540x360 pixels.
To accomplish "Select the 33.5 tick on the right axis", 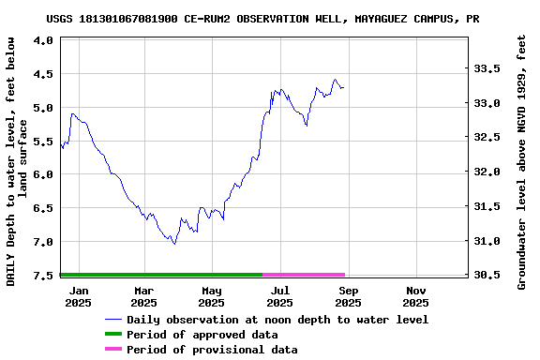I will point(485,69).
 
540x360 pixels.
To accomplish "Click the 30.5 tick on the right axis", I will point(485,276).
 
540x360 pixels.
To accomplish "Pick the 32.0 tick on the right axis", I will point(485,172).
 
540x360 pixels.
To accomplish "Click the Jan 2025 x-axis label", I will point(78,296).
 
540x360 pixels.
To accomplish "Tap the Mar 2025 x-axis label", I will point(143,296).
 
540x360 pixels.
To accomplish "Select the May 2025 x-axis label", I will point(212,296).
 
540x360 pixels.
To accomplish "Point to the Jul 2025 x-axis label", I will point(279,296).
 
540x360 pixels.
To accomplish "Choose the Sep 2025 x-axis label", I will point(348,296).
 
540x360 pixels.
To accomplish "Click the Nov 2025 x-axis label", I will point(415,296).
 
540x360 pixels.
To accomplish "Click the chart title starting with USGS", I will point(262,19).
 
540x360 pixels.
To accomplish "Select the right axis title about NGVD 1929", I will point(522,161).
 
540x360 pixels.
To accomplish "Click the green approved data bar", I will point(160,275).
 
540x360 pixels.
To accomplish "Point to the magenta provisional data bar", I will point(304,275).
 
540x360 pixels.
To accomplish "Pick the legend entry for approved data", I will point(202,335).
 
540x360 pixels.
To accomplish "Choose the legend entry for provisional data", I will point(212,350).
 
